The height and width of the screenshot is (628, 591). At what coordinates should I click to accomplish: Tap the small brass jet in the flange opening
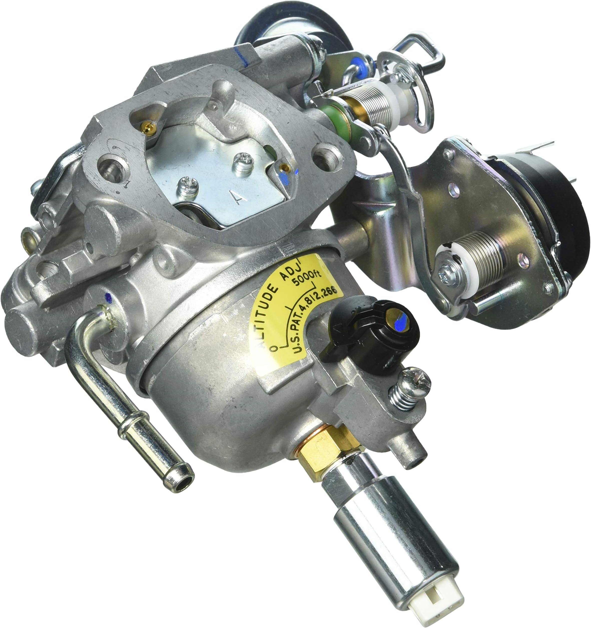(147, 127)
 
